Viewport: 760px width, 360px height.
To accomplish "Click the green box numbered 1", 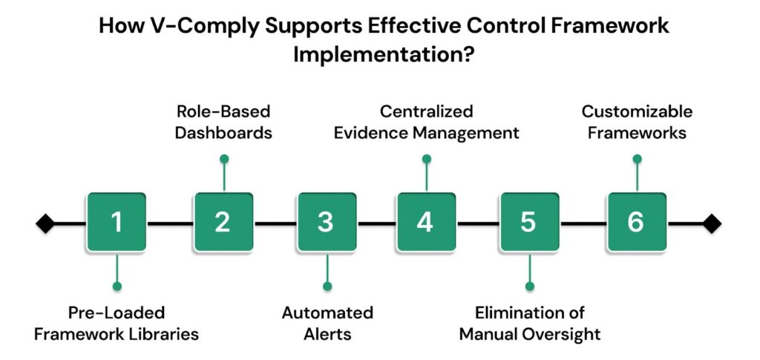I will pos(116,222).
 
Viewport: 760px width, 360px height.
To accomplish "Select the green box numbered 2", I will pos(223,222).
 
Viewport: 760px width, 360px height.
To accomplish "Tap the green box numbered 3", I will pos(326,222).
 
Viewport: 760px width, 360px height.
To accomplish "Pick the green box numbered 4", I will pos(425,222).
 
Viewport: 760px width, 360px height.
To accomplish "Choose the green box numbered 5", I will pos(528,222).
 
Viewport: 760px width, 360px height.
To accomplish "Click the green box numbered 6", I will pos(636,222).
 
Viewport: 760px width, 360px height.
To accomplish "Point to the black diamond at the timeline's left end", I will pos(45,223).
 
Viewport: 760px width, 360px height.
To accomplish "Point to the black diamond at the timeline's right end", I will pos(712,223).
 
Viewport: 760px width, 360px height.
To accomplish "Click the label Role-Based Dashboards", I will pos(223,122).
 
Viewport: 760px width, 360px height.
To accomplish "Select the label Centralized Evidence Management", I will pos(426,122).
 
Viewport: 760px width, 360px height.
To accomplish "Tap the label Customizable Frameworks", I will pos(637,122).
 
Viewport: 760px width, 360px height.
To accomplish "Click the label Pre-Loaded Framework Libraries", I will pos(117,323).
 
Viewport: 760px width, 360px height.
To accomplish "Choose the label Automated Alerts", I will pos(327,323).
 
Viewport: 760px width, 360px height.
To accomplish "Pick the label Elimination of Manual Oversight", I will pos(529,323).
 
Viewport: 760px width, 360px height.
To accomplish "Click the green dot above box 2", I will pos(223,158).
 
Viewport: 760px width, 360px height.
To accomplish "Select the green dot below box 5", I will pos(529,286).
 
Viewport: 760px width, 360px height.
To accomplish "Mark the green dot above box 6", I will pos(636,158).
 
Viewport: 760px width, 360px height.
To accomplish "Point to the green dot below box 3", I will pos(327,286).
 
